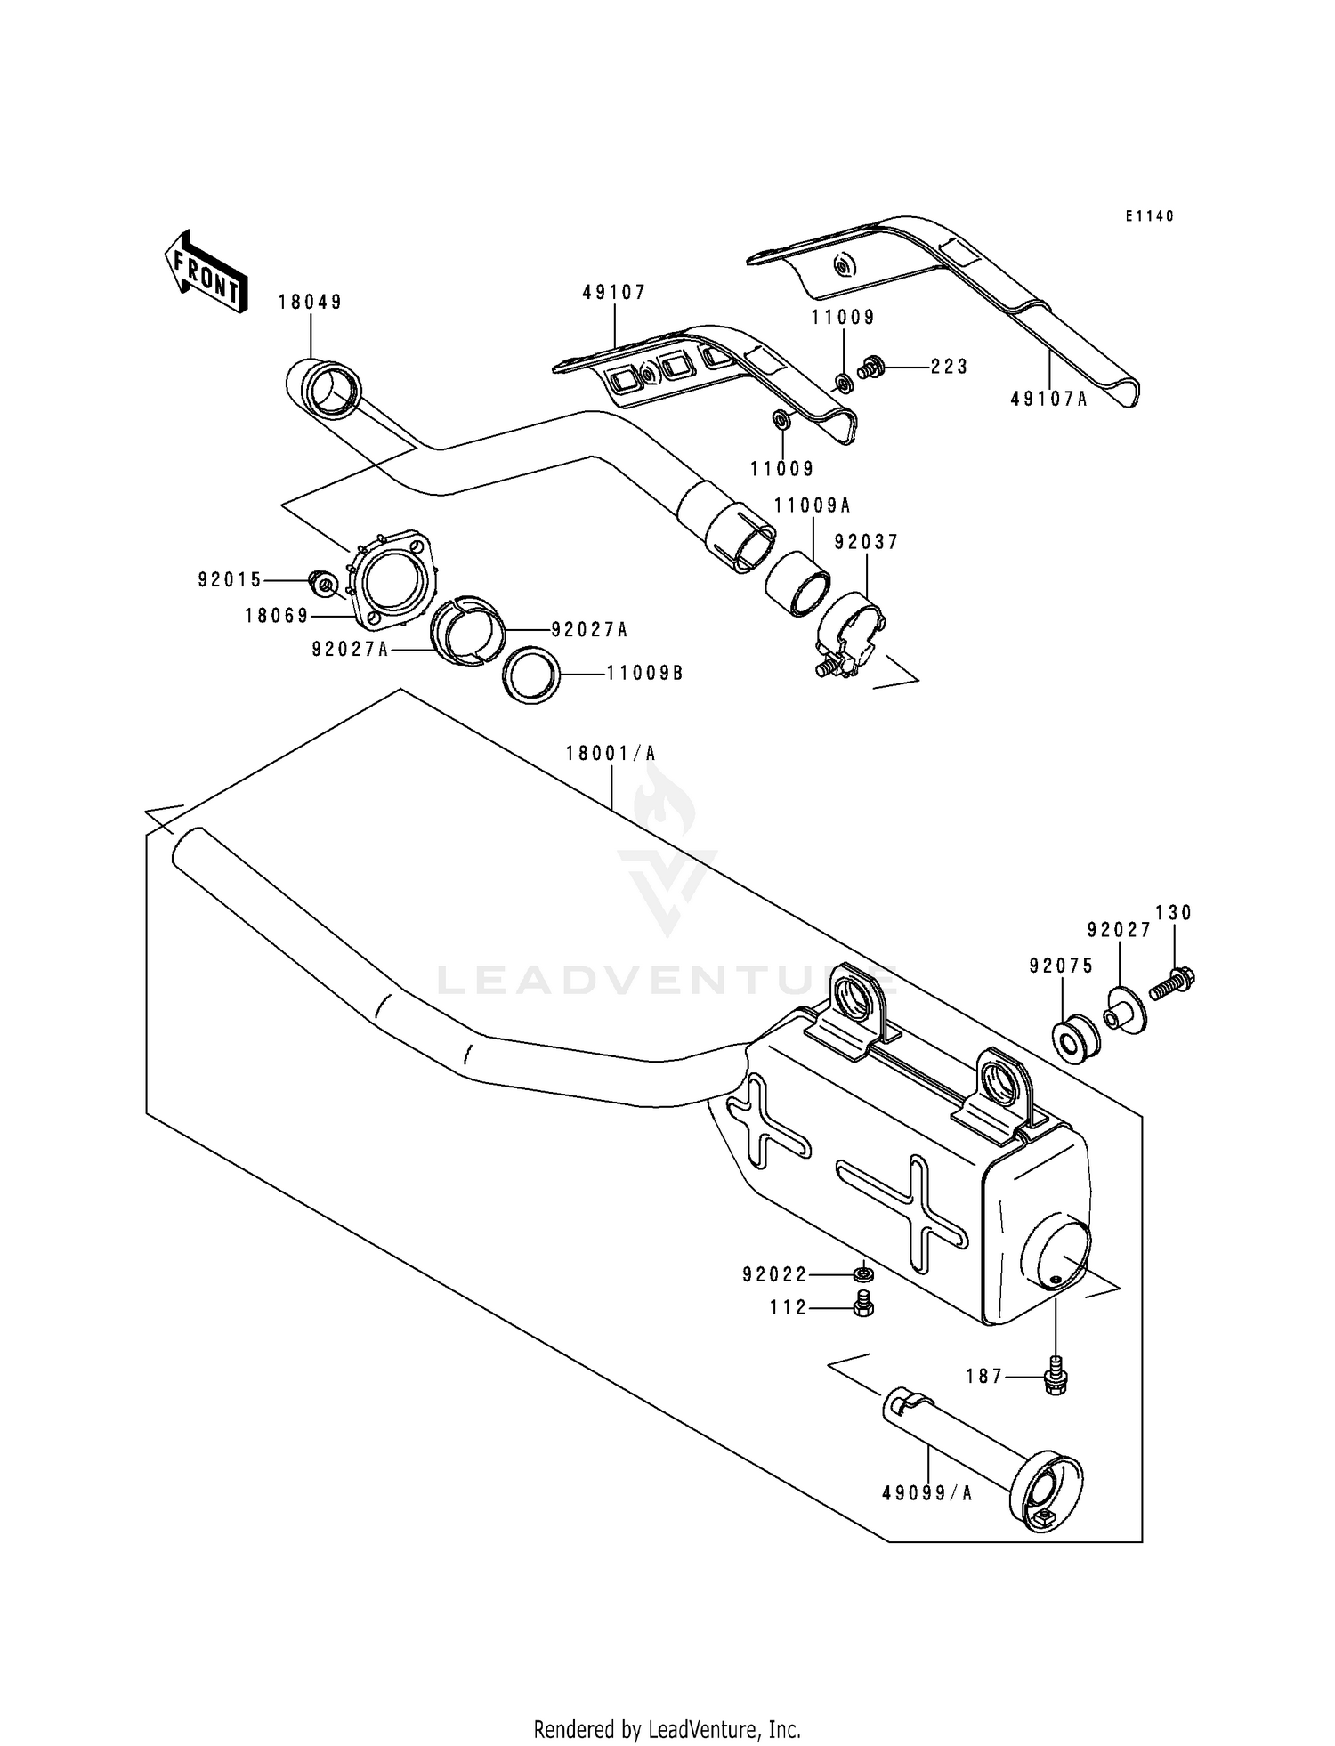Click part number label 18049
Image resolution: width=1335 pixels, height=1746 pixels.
point(310,303)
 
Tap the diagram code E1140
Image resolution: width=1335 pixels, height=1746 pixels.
point(1149,216)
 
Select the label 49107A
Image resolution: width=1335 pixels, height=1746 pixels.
point(1048,400)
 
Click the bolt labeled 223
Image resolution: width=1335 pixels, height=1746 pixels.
point(870,365)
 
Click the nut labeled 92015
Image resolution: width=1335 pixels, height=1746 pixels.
point(322,584)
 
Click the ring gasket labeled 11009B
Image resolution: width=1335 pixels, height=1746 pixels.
point(532,674)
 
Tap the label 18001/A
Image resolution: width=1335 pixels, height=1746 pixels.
point(611,754)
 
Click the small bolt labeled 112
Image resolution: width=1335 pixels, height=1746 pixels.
point(862,1306)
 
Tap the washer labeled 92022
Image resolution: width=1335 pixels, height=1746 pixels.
point(862,1274)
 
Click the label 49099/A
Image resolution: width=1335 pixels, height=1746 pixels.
point(926,1493)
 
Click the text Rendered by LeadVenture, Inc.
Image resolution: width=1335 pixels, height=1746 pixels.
point(667,1729)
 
